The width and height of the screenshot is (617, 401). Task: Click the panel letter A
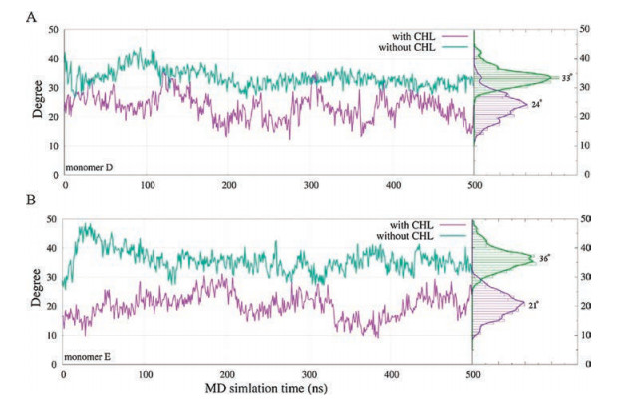pos(31,17)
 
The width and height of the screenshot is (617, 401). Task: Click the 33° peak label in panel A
pos(565,77)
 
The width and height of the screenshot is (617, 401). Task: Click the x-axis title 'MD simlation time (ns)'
pos(270,385)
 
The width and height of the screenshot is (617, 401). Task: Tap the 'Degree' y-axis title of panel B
pos(37,291)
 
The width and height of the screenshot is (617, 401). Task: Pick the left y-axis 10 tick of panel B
pos(53,335)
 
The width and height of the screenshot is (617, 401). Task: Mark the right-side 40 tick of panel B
pos(588,248)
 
